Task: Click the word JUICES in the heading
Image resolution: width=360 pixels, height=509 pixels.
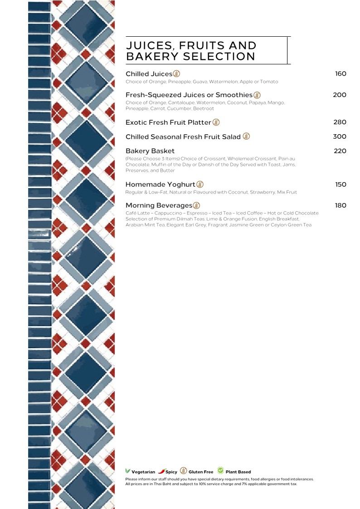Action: click(150, 46)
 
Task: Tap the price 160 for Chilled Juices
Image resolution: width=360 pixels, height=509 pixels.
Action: click(341, 74)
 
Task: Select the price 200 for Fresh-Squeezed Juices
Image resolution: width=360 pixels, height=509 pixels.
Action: click(340, 95)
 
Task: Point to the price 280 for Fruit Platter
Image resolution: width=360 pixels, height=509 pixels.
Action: click(340, 122)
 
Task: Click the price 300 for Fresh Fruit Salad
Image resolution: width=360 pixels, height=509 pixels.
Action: click(340, 136)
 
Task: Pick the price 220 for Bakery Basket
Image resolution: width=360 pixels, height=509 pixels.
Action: click(340, 151)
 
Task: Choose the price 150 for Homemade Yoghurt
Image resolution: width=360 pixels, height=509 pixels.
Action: click(341, 184)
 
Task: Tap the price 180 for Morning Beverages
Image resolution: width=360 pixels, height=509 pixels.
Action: click(341, 205)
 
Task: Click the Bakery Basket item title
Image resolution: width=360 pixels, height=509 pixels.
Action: click(150, 151)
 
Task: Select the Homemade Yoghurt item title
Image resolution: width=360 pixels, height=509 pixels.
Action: click(161, 184)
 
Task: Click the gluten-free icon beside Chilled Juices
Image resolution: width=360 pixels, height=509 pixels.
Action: click(176, 74)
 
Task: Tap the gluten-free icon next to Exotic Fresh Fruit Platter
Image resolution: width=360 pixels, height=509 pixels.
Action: click(216, 122)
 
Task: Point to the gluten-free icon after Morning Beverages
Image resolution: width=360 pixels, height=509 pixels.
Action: click(196, 205)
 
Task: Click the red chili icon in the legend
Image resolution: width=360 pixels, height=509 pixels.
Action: click(162, 471)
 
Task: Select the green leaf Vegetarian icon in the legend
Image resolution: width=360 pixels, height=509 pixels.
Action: click(127, 470)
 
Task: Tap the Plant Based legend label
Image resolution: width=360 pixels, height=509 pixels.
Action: click(238, 472)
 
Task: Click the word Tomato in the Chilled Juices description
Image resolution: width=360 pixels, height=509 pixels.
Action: click(269, 82)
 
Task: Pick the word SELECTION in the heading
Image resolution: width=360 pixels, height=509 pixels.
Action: click(219, 57)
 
